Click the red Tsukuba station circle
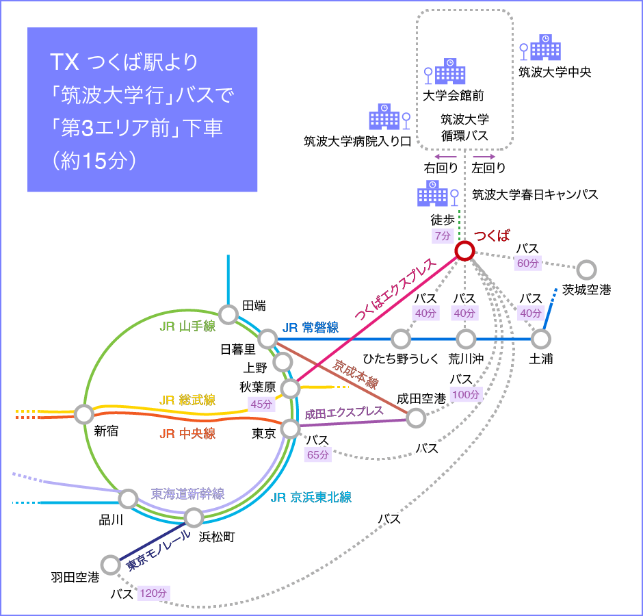[464, 251]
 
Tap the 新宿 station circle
[83, 414]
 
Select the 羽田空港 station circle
[110, 565]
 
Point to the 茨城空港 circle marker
[586, 270]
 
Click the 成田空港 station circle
[416, 418]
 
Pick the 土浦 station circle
[540, 339]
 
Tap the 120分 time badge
[153, 593]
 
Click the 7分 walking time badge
[443, 235]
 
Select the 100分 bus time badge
[465, 394]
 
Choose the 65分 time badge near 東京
[318, 454]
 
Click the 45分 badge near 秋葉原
[261, 404]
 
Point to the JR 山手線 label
[187, 326]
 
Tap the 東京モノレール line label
[158, 550]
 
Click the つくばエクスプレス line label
[395, 289]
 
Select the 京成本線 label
[355, 374]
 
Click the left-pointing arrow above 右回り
[445, 157]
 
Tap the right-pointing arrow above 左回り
[484, 157]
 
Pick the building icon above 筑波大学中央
[545, 47]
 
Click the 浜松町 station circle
[194, 517]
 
